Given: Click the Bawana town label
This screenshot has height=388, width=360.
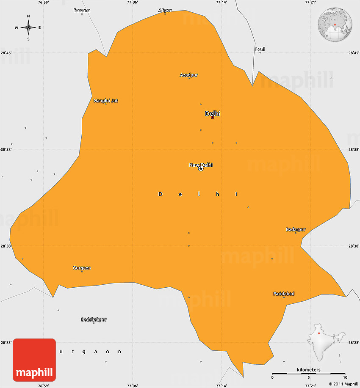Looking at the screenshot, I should click(x=82, y=10).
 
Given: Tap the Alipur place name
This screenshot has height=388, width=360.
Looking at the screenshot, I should click(x=165, y=10).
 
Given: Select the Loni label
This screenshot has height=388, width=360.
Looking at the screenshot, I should click(x=260, y=49).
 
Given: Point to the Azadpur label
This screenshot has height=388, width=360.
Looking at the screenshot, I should click(x=189, y=75).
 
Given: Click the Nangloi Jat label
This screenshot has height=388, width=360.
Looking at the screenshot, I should click(x=106, y=101).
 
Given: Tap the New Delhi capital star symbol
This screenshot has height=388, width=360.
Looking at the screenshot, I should click(x=201, y=168).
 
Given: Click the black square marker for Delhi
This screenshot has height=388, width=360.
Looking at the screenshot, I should click(x=213, y=117).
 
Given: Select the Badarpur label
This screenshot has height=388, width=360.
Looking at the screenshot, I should click(x=296, y=230).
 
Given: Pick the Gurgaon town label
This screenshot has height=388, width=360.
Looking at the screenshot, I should click(x=82, y=268).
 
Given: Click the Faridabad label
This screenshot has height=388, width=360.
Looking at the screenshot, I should click(x=284, y=294).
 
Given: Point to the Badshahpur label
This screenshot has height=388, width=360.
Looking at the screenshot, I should click(x=94, y=319).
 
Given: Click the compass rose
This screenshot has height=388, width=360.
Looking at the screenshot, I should click(x=28, y=28).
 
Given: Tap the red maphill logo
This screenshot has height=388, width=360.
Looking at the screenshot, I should click(x=34, y=360).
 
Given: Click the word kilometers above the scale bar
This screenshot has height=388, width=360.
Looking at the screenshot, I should click(x=309, y=370).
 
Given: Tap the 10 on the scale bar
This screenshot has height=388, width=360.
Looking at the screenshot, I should click(x=345, y=377).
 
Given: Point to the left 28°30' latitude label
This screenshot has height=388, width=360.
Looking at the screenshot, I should click(x=6, y=246).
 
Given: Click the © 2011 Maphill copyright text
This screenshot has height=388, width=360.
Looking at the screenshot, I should click(x=343, y=384).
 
